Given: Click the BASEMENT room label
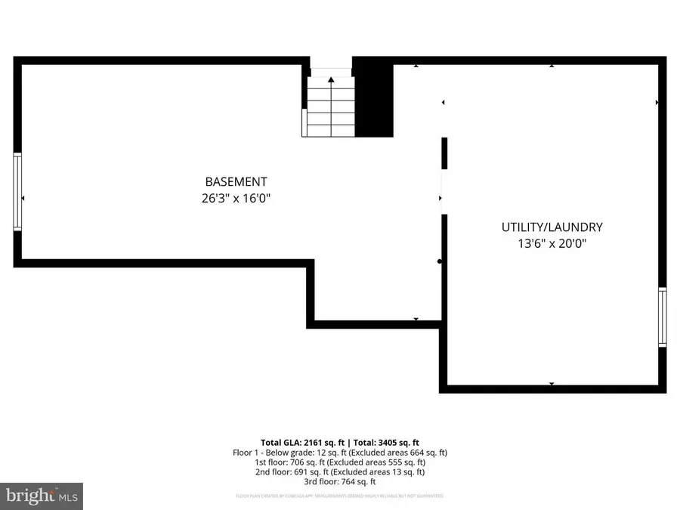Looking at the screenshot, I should [236, 181].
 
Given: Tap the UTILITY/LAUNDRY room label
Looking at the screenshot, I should [552, 227].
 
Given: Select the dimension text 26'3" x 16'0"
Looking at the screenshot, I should [236, 199].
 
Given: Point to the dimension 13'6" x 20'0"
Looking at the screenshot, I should [552, 244].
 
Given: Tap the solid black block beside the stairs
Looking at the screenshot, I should [374, 98].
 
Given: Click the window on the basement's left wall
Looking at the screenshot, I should [17, 190].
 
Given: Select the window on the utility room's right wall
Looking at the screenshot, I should [663, 316].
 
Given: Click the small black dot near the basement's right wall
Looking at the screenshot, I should [440, 262].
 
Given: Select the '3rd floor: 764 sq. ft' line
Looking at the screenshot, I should [340, 481].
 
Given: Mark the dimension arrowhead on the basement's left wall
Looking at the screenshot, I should [23, 199].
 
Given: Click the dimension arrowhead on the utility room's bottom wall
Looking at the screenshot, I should [552, 385].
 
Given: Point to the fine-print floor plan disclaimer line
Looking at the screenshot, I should [340, 496].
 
